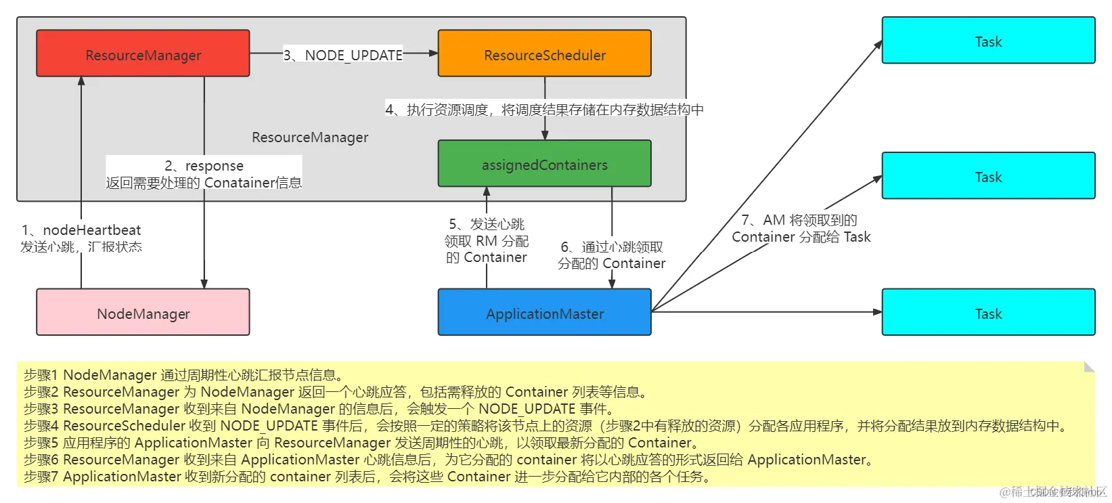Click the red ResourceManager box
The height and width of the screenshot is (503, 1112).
tap(143, 53)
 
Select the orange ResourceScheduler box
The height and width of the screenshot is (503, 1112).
tap(544, 53)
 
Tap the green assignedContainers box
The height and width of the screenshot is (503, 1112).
tap(544, 164)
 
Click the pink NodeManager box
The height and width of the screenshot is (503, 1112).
tap(143, 313)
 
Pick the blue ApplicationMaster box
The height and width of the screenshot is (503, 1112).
tap(544, 313)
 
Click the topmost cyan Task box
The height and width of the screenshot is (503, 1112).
tap(987, 41)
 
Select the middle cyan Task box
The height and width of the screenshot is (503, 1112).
tap(987, 176)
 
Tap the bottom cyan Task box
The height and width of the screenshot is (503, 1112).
tap(987, 313)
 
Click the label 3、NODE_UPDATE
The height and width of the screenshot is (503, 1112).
tap(343, 55)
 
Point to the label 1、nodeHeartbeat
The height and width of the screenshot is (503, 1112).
tap(81, 230)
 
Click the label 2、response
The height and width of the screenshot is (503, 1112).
tap(204, 166)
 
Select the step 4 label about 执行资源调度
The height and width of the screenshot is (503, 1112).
tap(544, 110)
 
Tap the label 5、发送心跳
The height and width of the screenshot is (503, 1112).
tap(486, 224)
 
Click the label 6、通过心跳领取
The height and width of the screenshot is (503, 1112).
tap(611, 247)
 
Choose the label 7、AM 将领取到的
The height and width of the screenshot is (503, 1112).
tap(800, 220)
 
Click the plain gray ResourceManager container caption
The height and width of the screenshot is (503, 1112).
tap(310, 137)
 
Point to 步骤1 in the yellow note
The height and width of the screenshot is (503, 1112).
tap(41, 375)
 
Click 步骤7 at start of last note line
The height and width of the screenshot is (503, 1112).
tap(41, 477)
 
